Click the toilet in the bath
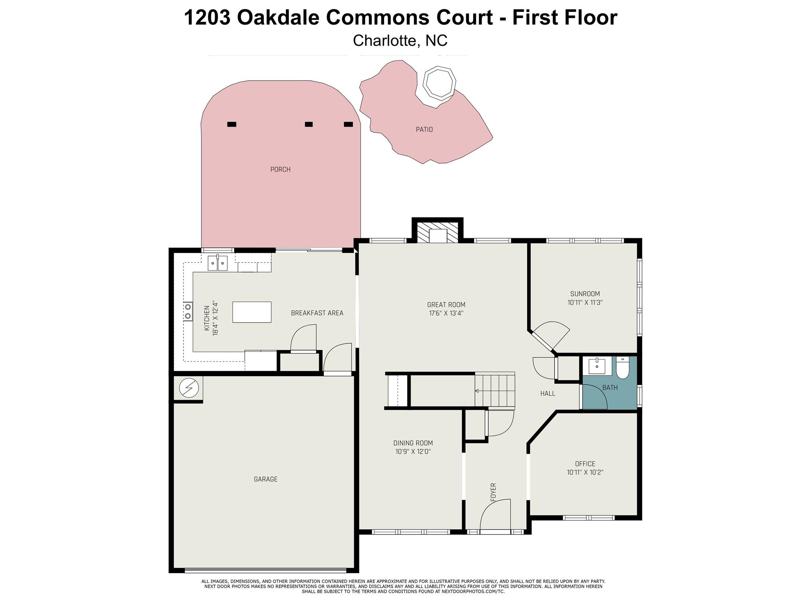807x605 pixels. coord(623,367)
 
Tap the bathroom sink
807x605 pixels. coord(597,366)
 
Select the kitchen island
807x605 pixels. coord(252,312)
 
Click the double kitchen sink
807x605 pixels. coord(218,263)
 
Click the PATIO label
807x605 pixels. coord(424,129)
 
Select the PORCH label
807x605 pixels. coord(280,169)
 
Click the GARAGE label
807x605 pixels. coord(266,479)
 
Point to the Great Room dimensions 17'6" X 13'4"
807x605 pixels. coord(446,314)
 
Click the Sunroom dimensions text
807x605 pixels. coord(585,302)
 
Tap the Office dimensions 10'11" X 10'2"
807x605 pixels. coord(585,472)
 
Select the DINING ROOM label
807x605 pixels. coord(413,443)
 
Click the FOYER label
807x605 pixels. coord(493,492)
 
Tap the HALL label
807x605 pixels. coord(548,393)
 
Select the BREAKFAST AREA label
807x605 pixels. coord(317,313)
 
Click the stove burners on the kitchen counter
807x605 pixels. coord(188,311)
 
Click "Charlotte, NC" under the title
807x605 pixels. coord(400,41)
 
